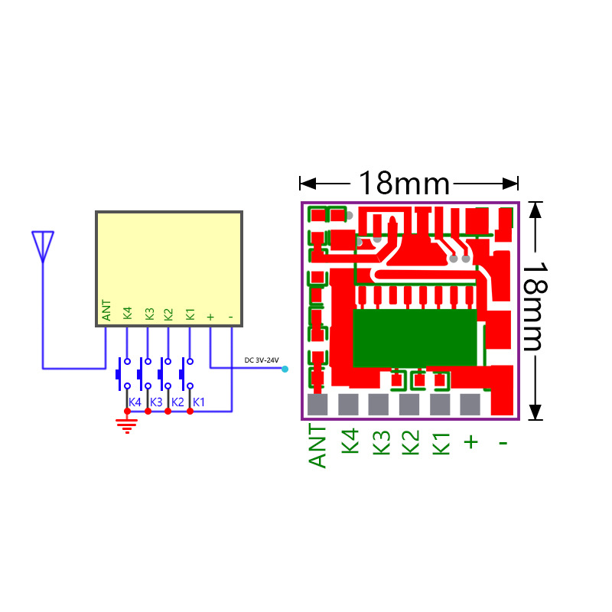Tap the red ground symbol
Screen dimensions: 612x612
[x=127, y=425]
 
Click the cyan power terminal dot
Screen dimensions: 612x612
[x=285, y=369]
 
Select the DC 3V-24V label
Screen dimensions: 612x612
[x=262, y=360]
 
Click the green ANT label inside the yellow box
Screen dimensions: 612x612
[x=106, y=311]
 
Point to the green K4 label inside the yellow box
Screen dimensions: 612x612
[x=128, y=313]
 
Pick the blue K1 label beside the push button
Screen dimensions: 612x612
[x=199, y=402]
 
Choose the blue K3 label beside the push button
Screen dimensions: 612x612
[x=156, y=402]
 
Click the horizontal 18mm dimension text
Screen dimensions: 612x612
[x=404, y=183]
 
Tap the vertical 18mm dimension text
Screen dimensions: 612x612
[x=535, y=307]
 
